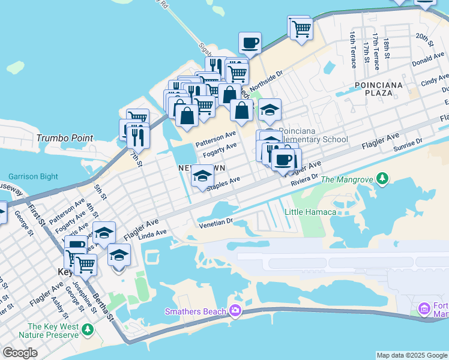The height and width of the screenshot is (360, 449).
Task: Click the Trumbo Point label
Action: (x=65, y=138)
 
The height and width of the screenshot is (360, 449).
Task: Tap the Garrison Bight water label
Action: (x=33, y=176)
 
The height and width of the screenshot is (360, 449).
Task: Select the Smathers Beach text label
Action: (x=196, y=311)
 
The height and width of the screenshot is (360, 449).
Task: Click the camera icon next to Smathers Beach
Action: (x=235, y=310)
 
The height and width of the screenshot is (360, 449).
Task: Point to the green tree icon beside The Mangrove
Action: (x=381, y=179)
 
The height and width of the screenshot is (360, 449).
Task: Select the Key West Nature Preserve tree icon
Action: (x=88, y=329)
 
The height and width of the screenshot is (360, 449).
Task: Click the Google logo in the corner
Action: (x=20, y=352)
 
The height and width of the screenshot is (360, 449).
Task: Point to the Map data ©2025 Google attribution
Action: (x=412, y=355)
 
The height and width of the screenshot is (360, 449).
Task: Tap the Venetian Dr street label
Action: (x=215, y=223)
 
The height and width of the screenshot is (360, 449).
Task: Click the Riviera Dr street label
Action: (x=304, y=181)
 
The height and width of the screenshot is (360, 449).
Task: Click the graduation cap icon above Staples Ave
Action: (x=202, y=176)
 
